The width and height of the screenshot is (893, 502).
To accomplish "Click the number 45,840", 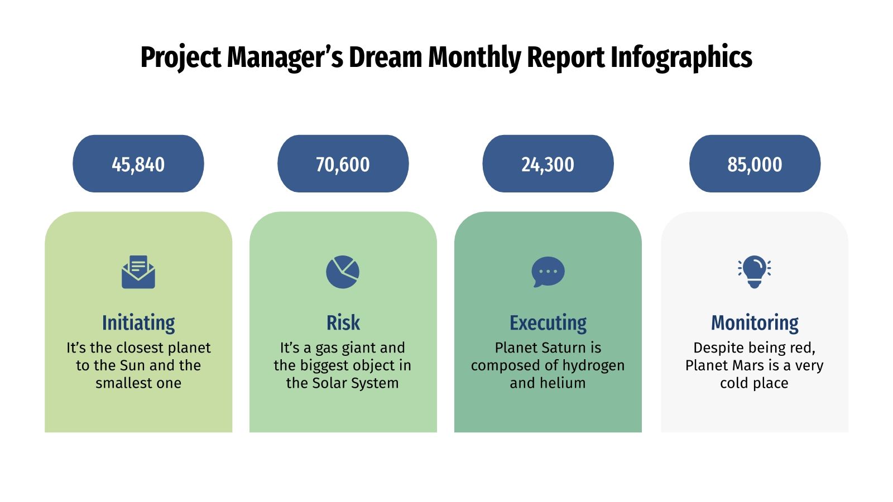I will click(x=138, y=165).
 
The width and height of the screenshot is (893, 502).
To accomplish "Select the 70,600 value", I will click(x=343, y=165).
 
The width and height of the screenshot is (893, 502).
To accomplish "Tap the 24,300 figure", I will click(x=548, y=165).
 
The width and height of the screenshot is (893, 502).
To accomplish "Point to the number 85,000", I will click(x=755, y=165).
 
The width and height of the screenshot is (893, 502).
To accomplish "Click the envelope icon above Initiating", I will click(x=138, y=272).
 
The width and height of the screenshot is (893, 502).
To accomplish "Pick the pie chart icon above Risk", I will click(x=343, y=272).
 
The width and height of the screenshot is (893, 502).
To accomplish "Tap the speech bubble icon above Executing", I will click(x=548, y=272).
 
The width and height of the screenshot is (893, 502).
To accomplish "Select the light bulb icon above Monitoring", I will click(x=754, y=272).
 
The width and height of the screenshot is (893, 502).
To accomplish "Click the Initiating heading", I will click(x=138, y=323).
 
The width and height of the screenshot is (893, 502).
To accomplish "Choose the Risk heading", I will click(x=343, y=323).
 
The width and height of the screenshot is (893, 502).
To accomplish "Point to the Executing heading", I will click(x=548, y=323).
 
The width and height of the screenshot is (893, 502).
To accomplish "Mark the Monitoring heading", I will click(x=755, y=323).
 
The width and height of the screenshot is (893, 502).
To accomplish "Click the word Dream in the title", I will click(x=386, y=57).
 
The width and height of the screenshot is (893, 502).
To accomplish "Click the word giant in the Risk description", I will click(x=357, y=348).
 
